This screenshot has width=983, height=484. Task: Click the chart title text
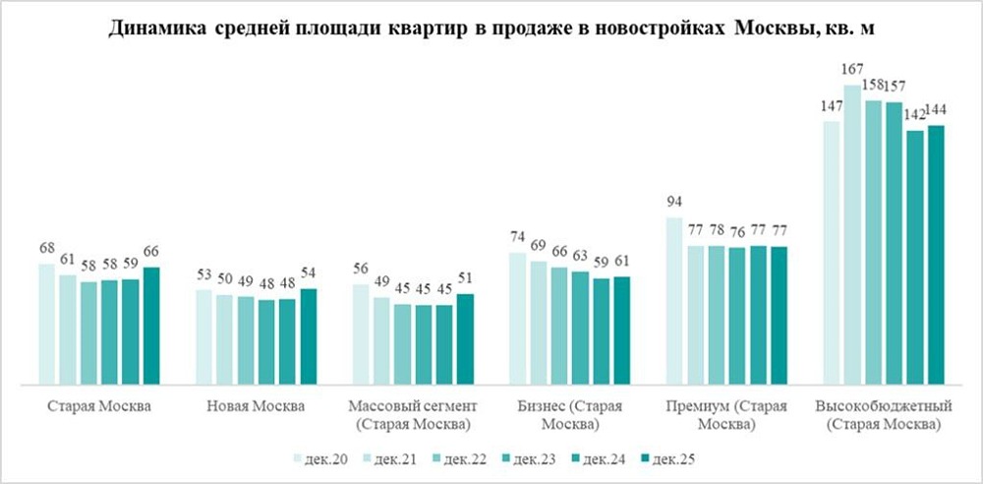[x=491, y=29]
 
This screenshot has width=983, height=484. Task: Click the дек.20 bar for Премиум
[x=674, y=300]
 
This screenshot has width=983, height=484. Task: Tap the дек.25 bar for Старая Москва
[x=151, y=325]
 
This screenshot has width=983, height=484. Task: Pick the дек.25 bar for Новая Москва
[x=309, y=335]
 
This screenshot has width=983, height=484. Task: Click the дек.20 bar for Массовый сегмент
[x=361, y=333]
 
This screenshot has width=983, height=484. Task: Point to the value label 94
[x=674, y=204]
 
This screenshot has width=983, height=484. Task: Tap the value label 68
[x=46, y=249]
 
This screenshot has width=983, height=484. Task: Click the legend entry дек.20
[x=323, y=457]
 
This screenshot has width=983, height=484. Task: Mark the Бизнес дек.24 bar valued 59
[x=601, y=331]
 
